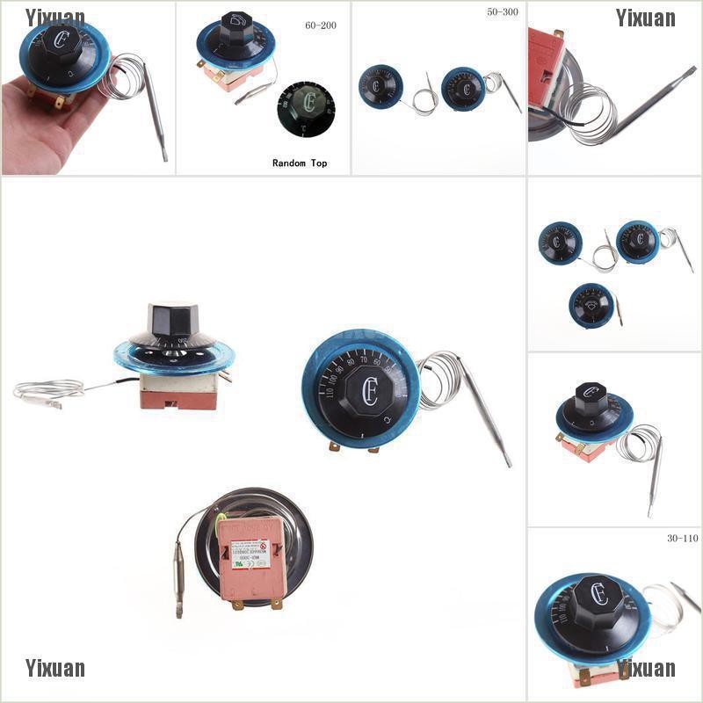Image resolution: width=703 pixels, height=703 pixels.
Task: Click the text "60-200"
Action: (x=320, y=25)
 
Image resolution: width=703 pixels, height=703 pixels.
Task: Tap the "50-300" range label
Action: (x=502, y=13)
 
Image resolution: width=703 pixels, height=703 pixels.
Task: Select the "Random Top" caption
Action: (x=299, y=163)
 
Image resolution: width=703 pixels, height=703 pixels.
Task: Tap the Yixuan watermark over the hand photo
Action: (x=55, y=18)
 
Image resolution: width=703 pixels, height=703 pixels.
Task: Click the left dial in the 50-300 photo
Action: (x=381, y=86)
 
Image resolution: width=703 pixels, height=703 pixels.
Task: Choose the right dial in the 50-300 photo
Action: (x=463, y=89)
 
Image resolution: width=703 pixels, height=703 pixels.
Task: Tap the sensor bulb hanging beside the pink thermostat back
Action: (x=179, y=576)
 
